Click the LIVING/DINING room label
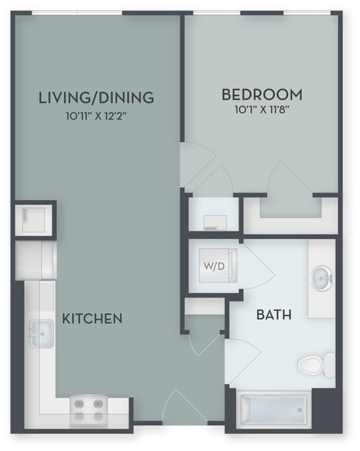tap(96, 97)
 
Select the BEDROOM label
tap(262, 95)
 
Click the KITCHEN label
tap(92, 319)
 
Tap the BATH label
tap(274, 314)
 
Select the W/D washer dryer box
tap(213, 266)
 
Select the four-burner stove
tap(89, 410)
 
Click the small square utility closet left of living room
tap(34, 219)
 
